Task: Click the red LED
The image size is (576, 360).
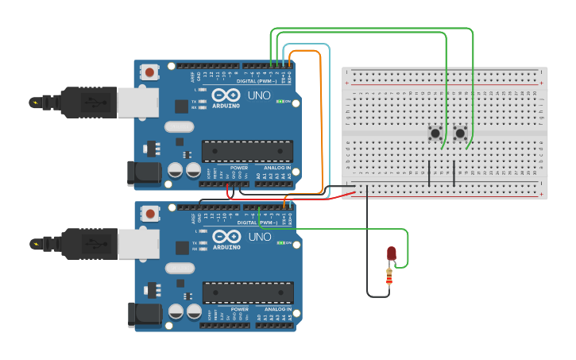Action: pos(392,254)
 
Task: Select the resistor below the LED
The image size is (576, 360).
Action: pos(389,277)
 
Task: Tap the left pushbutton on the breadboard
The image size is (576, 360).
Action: pos(435,133)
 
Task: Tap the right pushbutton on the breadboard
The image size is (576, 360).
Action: pos(460,133)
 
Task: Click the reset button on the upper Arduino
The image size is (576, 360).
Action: pos(150,72)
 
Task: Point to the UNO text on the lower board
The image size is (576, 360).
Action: pos(260,237)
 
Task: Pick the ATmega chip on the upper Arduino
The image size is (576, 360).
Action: pos(247,151)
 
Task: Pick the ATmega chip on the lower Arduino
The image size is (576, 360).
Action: pos(247,292)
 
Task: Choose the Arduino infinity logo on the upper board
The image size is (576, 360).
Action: pos(226,95)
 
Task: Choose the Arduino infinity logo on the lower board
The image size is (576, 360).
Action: pos(226,237)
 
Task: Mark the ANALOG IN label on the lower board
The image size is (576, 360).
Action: pos(278,309)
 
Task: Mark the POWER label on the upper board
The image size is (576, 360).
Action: pos(239,168)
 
